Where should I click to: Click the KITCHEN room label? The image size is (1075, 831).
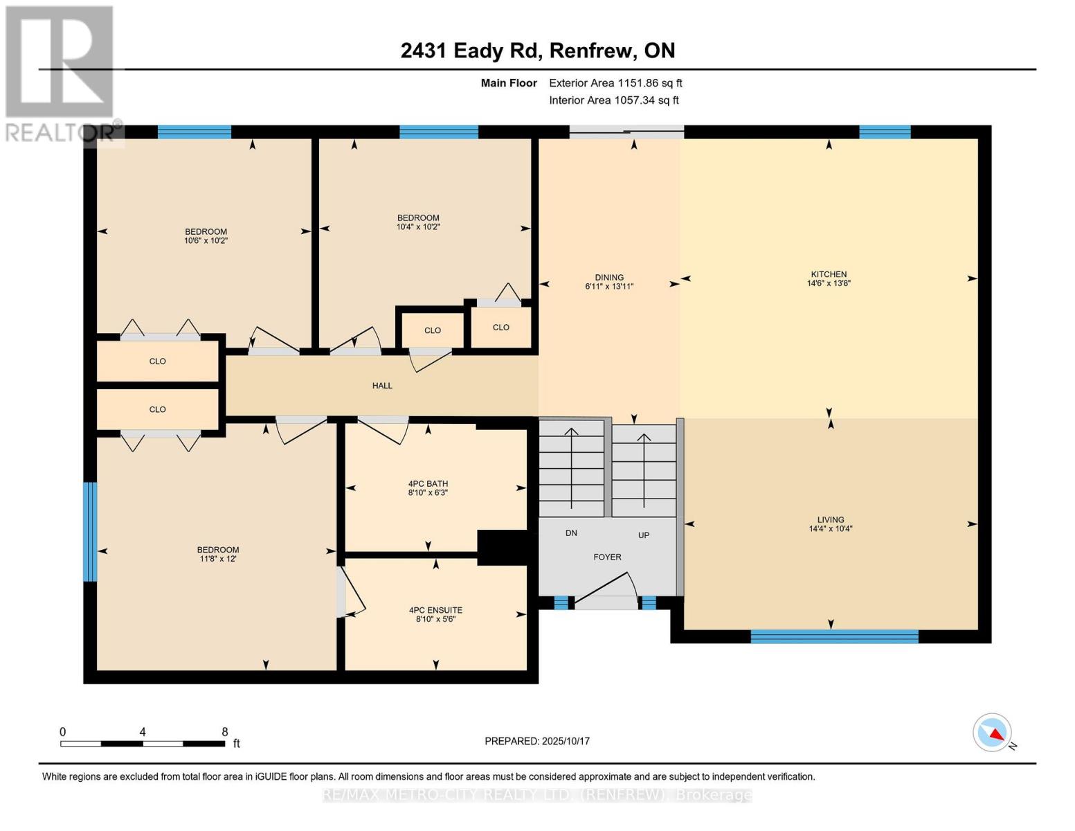829,275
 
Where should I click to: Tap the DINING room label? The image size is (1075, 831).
609,278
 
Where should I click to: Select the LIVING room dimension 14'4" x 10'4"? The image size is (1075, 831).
831,529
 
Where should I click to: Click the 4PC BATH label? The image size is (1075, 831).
428,484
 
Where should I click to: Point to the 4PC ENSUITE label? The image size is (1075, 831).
435,610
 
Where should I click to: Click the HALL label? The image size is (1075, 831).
382,386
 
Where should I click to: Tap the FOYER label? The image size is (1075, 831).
607,557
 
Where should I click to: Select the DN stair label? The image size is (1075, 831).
571,533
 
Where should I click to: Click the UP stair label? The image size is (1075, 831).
644,535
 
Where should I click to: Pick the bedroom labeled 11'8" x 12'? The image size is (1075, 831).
218,554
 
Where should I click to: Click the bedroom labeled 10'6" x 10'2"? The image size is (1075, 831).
206,236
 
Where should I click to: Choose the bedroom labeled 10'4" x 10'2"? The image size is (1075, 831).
418,222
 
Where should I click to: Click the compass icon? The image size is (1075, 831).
993,733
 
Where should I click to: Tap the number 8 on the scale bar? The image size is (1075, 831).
224,732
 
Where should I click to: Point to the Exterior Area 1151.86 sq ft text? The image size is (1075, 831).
615,83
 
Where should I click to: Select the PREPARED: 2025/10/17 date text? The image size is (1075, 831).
537,741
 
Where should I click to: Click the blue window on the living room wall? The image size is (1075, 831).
834,636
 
